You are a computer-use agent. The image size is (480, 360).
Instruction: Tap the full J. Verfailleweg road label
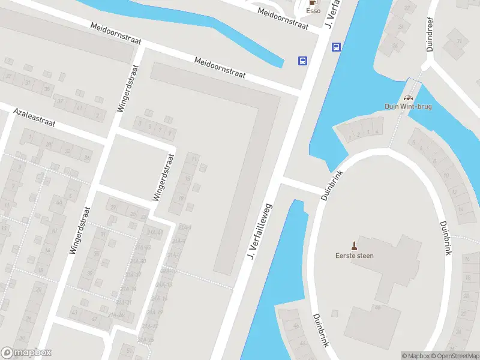[259, 232]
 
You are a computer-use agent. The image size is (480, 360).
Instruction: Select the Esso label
[313, 10]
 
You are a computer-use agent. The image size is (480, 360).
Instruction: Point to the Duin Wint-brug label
[408, 107]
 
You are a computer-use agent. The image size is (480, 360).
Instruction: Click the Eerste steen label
[354, 256]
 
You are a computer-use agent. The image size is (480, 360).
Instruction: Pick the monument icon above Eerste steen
[354, 245]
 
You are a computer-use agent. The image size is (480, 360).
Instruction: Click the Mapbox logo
[26, 352]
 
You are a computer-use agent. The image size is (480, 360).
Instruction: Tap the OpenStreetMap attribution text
[454, 356]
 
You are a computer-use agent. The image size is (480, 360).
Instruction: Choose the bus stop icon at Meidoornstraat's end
[303, 60]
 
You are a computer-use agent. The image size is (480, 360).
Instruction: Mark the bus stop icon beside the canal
[337, 47]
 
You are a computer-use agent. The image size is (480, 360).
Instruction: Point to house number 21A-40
[139, 261]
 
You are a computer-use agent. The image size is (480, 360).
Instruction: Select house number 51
[129, 349]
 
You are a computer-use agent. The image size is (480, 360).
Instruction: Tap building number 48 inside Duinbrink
[378, 307]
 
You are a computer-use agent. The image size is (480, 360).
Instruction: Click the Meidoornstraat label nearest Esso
[283, 19]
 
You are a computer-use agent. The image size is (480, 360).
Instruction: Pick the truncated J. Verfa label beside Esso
[332, 13]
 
